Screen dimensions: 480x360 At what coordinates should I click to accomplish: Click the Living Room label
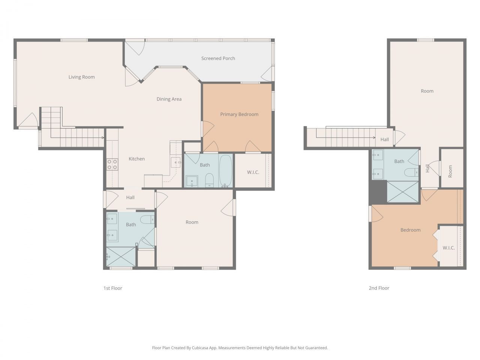coord(82,77)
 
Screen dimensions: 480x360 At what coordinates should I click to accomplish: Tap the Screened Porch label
coord(218,58)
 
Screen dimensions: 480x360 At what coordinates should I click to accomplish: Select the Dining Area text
coord(169,99)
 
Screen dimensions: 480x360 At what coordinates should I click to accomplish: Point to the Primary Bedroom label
coord(239,114)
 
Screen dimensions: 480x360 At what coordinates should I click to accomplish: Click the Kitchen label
coord(136,159)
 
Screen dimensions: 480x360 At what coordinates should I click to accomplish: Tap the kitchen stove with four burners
coord(112,164)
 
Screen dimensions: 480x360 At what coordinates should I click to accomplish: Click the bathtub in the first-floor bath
coord(225,171)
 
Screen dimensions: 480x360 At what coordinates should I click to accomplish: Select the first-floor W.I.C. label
coord(253,172)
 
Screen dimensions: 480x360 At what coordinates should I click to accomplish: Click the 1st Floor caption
coord(113,288)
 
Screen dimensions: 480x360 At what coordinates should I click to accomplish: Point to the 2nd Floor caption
coord(379,288)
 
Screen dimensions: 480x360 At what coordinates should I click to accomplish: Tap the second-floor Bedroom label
coord(411,230)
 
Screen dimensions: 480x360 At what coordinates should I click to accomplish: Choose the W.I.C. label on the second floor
coord(449,248)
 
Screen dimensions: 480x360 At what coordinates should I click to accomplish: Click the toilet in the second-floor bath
coord(411,172)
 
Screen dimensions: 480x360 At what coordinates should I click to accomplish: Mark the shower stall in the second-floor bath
coord(403,192)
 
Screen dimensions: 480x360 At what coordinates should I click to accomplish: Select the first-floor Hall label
coord(130,197)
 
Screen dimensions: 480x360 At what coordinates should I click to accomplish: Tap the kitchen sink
coord(175,162)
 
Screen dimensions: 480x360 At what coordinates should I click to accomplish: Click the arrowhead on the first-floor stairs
coord(103,138)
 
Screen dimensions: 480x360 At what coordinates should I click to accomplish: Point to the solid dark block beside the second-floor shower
coord(378,192)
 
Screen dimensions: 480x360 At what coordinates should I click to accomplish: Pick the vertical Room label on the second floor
coord(450,171)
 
